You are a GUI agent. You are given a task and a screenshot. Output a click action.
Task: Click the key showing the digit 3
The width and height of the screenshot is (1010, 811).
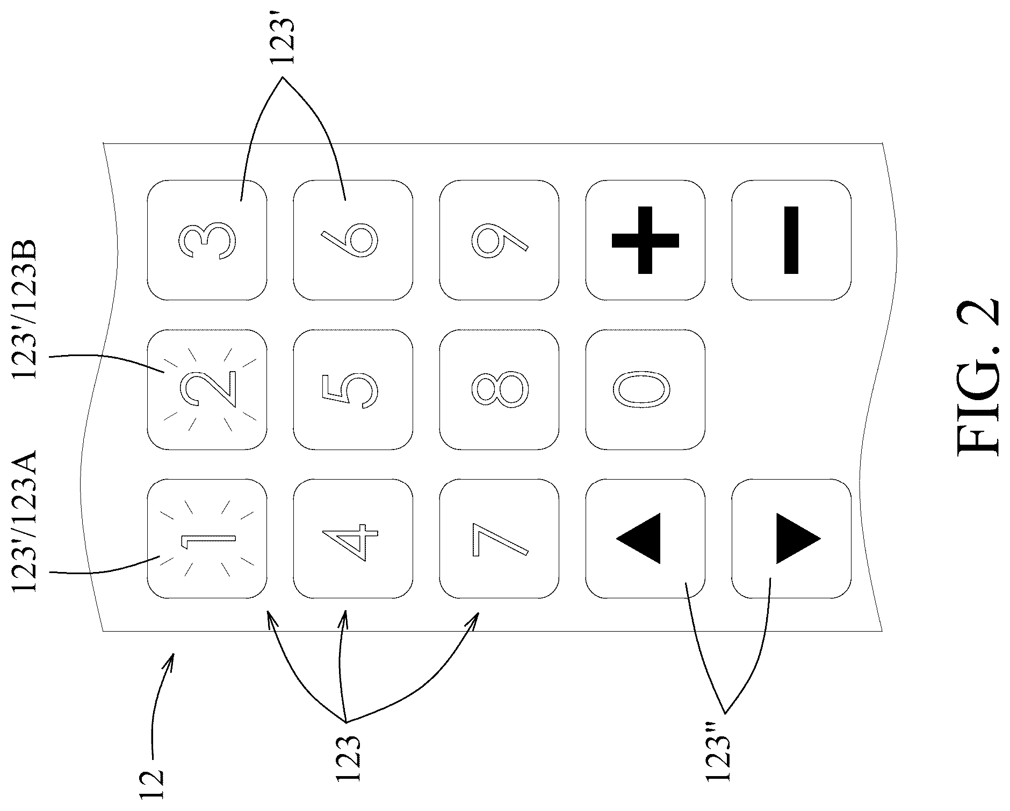[x=207, y=241]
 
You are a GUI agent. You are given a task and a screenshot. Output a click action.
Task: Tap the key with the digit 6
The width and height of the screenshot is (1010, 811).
[x=353, y=241]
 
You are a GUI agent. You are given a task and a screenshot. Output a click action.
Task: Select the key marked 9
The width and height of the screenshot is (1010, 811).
[x=499, y=241]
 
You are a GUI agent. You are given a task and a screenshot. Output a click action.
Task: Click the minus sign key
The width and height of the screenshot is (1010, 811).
[x=791, y=241]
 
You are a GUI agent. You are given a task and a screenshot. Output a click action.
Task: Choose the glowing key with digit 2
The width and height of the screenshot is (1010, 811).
[x=207, y=389]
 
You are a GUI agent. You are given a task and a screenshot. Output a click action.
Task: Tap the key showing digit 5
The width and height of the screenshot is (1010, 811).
[x=353, y=389]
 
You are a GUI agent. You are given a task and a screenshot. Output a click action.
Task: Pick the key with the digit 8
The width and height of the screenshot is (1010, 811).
[x=499, y=389]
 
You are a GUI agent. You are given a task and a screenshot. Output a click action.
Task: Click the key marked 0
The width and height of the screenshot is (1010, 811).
[x=645, y=389]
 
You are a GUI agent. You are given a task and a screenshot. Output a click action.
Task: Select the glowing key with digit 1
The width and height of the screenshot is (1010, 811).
[x=207, y=539]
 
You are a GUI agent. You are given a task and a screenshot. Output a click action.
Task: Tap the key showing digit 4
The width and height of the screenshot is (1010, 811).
[x=353, y=539]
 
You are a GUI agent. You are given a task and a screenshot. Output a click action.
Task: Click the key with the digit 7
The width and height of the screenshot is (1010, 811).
[x=499, y=539]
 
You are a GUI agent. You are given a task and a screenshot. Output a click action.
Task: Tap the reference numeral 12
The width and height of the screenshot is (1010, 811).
[x=152, y=777]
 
